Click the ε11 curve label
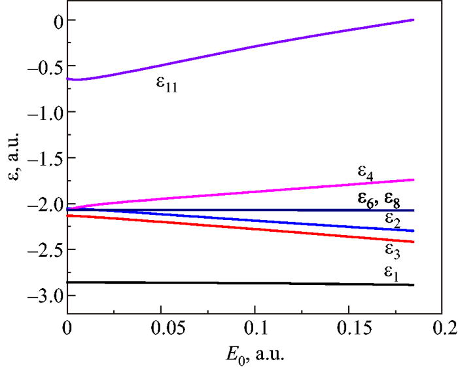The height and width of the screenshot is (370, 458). point(167,85)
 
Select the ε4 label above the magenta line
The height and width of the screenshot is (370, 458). point(367,172)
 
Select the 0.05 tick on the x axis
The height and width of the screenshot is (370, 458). point(160,325)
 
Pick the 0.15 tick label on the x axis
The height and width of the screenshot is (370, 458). point(347,325)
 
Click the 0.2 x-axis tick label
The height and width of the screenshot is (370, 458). point(441,325)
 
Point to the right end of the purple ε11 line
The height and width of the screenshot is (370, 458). point(414,20)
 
